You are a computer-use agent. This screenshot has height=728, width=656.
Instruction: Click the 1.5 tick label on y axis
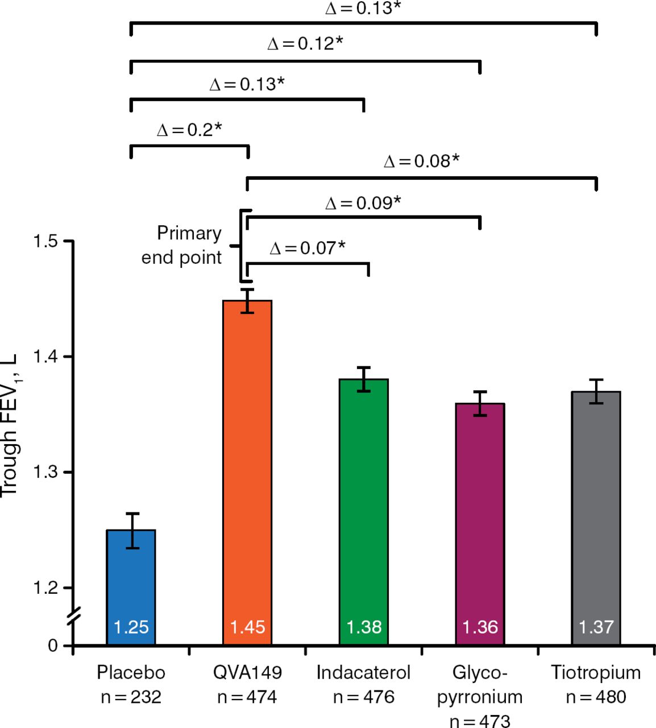pyautogui.click(x=45, y=241)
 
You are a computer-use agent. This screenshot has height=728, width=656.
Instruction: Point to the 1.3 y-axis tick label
pyautogui.click(x=45, y=472)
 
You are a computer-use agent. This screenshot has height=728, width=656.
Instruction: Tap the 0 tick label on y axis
pyautogui.click(x=53, y=646)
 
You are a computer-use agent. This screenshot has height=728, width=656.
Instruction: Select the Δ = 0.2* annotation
pyautogui.click(x=189, y=130)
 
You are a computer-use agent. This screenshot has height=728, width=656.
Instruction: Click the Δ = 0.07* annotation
pyautogui.click(x=308, y=248)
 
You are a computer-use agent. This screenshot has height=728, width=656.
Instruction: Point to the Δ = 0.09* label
pyautogui.click(x=363, y=203)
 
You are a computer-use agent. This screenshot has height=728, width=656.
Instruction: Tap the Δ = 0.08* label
pyautogui.click(x=421, y=162)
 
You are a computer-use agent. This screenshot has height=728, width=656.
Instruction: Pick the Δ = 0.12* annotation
pyautogui.click(x=305, y=44)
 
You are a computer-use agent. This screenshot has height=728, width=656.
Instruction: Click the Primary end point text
pyautogui.click(x=181, y=245)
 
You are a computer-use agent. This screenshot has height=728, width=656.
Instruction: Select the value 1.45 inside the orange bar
pyautogui.click(x=247, y=627)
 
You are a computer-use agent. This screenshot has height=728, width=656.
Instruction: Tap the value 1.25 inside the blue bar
pyautogui.click(x=131, y=627)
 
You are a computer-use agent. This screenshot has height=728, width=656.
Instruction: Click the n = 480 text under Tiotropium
pyautogui.click(x=596, y=697)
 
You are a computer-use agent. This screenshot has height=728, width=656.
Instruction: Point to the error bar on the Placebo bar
pyautogui.click(x=132, y=530)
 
